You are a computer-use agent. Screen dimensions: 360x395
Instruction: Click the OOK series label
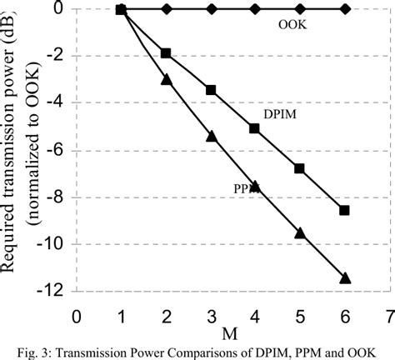click(x=292, y=24)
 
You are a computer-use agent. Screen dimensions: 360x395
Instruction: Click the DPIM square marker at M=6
click(x=344, y=210)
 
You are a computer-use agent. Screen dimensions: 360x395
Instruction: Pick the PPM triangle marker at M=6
click(x=344, y=278)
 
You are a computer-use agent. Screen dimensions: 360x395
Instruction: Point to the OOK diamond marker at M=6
click(x=344, y=9)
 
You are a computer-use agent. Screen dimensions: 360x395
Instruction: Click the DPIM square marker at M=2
click(x=166, y=53)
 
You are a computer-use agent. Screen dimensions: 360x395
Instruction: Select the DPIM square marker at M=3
click(x=211, y=89)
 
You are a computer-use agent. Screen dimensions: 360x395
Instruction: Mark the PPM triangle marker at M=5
click(x=300, y=233)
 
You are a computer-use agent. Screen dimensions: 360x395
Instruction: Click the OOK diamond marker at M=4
click(x=255, y=9)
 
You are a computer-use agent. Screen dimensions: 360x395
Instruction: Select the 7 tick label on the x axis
click(x=388, y=317)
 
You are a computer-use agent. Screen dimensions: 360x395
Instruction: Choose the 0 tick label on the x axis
click(x=77, y=317)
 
